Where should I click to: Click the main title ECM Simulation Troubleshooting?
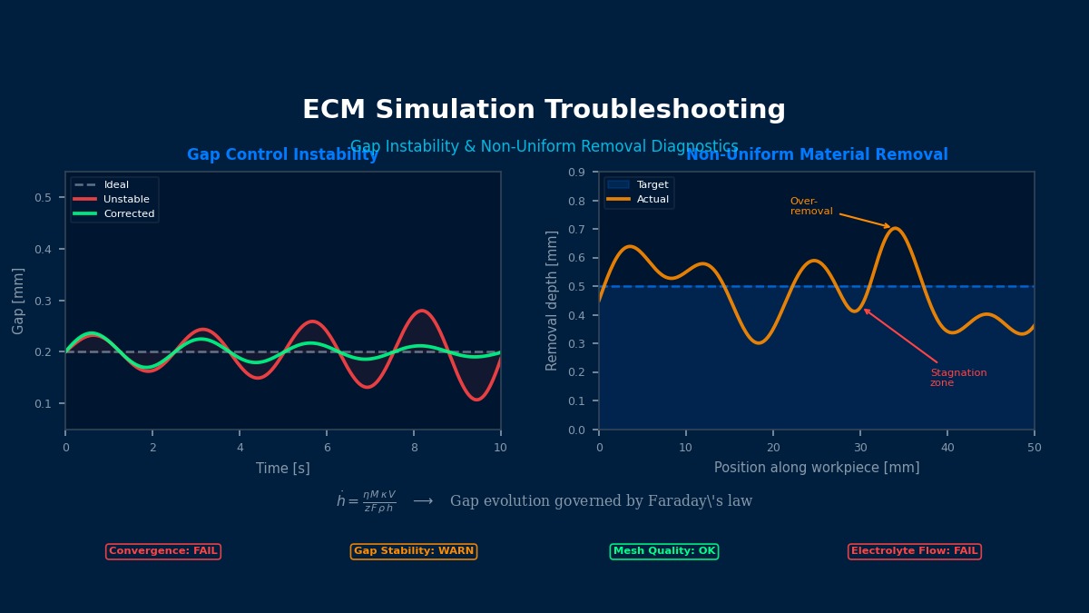[544, 110]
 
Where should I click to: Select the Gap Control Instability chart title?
[282, 155]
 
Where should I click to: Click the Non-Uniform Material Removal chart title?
[817, 155]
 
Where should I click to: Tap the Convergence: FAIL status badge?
[163, 551]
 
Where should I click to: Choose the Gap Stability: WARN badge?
[414, 551]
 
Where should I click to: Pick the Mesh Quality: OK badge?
[664, 551]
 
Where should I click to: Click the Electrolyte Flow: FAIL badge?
[915, 551]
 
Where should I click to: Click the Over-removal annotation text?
[810, 206]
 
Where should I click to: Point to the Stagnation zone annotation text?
[957, 378]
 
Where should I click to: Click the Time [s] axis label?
[282, 469]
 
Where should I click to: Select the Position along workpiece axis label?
[817, 468]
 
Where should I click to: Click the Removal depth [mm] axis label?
[552, 301]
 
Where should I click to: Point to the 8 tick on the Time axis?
[414, 448]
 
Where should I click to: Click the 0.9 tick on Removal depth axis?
[577, 173]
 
